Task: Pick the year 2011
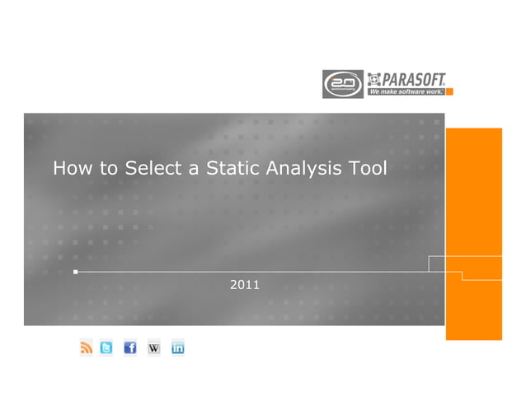pos(245,285)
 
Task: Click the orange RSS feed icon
pos(87,348)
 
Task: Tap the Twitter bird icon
pos(106,348)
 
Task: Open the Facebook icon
pos(129,348)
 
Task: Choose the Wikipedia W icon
pos(153,348)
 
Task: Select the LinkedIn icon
pos(177,348)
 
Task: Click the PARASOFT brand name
pos(413,79)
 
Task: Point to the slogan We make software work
pos(406,91)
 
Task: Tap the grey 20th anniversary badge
pos(340,84)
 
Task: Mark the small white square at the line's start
pos(75,271)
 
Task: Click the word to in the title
pos(108,170)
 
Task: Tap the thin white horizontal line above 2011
pos(247,271)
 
